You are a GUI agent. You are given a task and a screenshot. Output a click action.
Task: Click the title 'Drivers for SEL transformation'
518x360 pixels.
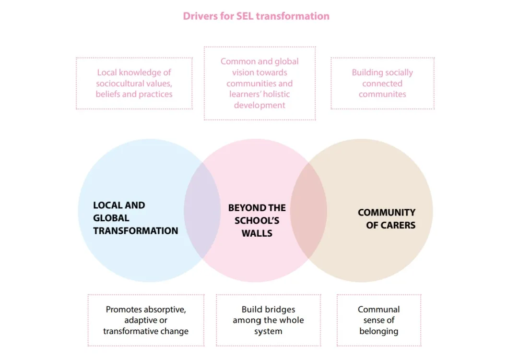click(x=256, y=16)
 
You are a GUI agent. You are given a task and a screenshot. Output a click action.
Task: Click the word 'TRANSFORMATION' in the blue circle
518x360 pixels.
click(x=136, y=230)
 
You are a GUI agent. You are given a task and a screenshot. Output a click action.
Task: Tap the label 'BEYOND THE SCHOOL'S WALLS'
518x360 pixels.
click(x=257, y=220)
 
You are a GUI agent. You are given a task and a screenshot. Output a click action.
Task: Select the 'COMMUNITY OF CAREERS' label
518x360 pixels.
click(x=387, y=218)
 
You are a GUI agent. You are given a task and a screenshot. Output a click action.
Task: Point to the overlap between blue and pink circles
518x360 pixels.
click(x=202, y=210)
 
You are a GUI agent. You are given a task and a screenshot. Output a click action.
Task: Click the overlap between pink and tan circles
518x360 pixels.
click(x=308, y=210)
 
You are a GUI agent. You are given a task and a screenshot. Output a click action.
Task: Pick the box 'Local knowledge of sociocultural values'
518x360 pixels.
click(x=134, y=83)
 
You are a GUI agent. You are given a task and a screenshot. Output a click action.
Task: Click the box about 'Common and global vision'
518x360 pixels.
click(x=259, y=83)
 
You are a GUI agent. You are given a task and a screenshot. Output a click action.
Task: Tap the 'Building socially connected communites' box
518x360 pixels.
click(x=382, y=83)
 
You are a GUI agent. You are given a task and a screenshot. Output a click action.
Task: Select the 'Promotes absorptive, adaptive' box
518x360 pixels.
click(x=146, y=320)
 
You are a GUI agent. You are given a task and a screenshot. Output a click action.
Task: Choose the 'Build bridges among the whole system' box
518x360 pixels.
click(x=268, y=320)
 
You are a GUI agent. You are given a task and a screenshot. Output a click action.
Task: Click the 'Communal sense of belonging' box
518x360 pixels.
click(x=379, y=320)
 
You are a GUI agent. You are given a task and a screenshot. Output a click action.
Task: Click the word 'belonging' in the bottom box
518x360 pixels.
click(x=379, y=331)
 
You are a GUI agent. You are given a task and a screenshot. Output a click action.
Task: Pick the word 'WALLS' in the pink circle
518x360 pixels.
click(x=257, y=233)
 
